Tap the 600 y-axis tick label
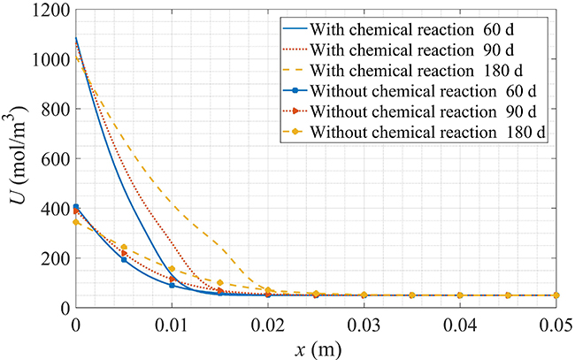(53, 159)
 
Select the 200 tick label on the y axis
(53, 258)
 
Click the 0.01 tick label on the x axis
(172, 324)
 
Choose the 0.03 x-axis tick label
(364, 324)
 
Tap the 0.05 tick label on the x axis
(556, 324)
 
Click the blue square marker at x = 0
(76, 207)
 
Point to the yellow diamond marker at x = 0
(76, 222)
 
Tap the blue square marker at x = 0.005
(124, 259)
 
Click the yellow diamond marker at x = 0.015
(220, 283)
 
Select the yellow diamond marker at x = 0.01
(172, 269)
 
